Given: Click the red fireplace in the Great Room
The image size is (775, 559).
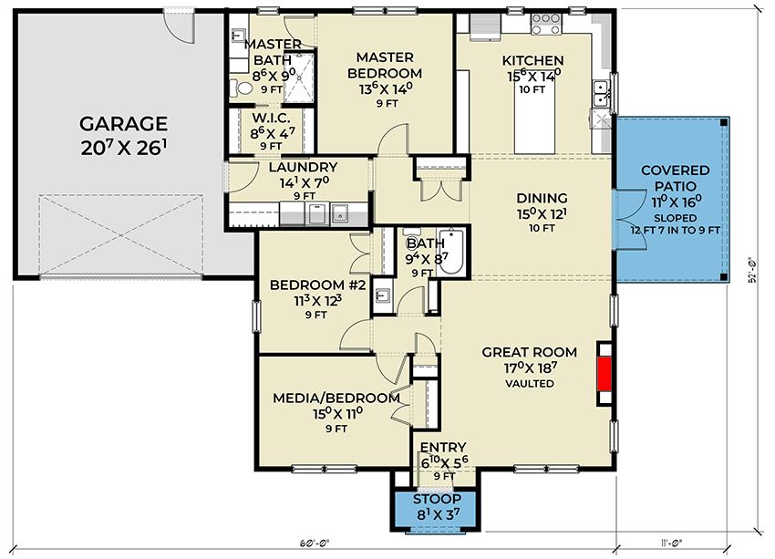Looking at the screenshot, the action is [604, 374].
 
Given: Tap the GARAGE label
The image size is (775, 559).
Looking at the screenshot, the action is [124, 123].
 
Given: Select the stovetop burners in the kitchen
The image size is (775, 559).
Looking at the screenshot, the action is [545, 24].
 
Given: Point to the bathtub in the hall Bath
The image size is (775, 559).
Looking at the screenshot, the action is [450, 251].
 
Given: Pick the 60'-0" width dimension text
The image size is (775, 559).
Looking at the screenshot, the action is [314, 543].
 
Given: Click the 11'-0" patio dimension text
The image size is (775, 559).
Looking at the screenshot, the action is [671, 543].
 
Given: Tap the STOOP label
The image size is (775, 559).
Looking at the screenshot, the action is [437, 499].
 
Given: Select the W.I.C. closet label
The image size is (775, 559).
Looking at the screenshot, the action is [271, 119].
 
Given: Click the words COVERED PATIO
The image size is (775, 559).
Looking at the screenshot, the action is [675, 178].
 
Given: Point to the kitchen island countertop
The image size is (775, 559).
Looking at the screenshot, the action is [535, 119].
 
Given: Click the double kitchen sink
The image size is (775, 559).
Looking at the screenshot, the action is [602, 93].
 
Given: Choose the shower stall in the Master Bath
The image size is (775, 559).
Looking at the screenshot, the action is [299, 78].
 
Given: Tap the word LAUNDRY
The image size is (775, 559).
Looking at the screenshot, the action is [303, 167].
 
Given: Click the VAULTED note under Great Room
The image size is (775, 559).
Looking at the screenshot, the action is [530, 384].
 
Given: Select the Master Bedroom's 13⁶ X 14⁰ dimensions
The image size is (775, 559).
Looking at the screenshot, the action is [386, 89].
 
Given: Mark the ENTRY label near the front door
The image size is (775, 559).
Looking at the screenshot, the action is [443, 447].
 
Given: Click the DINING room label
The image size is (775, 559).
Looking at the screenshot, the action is [542, 198].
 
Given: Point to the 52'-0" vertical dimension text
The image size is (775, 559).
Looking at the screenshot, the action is [753, 270].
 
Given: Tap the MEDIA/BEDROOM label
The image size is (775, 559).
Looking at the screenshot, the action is [336, 398].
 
